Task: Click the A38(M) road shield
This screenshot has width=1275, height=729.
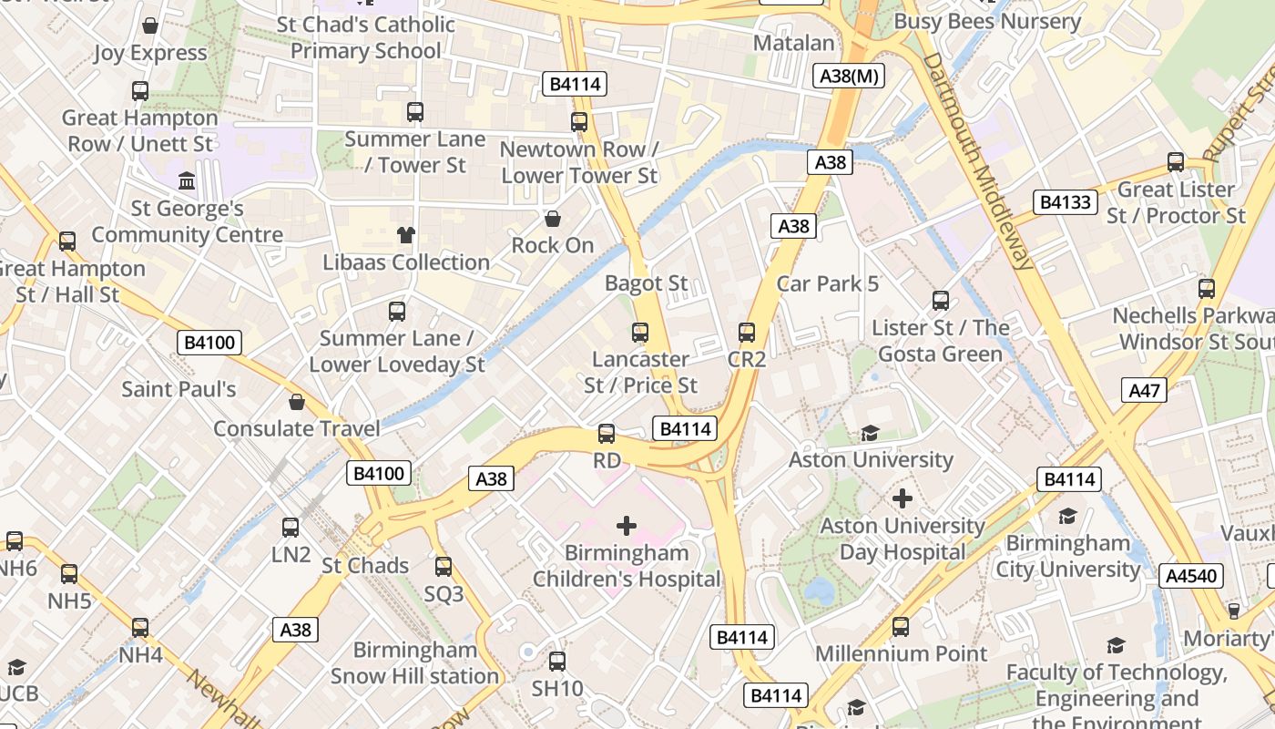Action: point(851,77)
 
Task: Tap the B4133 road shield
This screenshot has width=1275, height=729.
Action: point(1065,201)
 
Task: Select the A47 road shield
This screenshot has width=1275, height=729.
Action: point(1144,391)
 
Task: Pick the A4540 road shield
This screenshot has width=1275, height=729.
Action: point(1191,576)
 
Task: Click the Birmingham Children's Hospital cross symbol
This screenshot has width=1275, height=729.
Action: point(627,526)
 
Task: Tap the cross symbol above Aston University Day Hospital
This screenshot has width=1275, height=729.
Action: point(903,498)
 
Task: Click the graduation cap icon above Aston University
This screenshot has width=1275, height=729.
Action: point(871,433)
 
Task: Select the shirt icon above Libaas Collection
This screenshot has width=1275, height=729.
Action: point(406,235)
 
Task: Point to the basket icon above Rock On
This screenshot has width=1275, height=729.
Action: point(552,219)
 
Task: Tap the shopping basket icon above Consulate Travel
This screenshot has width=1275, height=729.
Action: point(297,402)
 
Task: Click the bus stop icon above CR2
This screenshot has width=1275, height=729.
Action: point(747,333)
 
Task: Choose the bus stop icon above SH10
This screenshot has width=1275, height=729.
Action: point(557,662)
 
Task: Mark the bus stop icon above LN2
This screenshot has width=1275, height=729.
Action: point(291,527)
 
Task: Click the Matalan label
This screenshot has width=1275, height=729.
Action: point(794,43)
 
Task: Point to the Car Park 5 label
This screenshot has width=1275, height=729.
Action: point(828,284)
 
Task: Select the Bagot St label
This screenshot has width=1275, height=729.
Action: point(647,283)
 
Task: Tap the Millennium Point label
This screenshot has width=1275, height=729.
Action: point(901,653)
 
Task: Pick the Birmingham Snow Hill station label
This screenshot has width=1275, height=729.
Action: point(415,662)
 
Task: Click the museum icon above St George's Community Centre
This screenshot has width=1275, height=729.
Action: point(188,181)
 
